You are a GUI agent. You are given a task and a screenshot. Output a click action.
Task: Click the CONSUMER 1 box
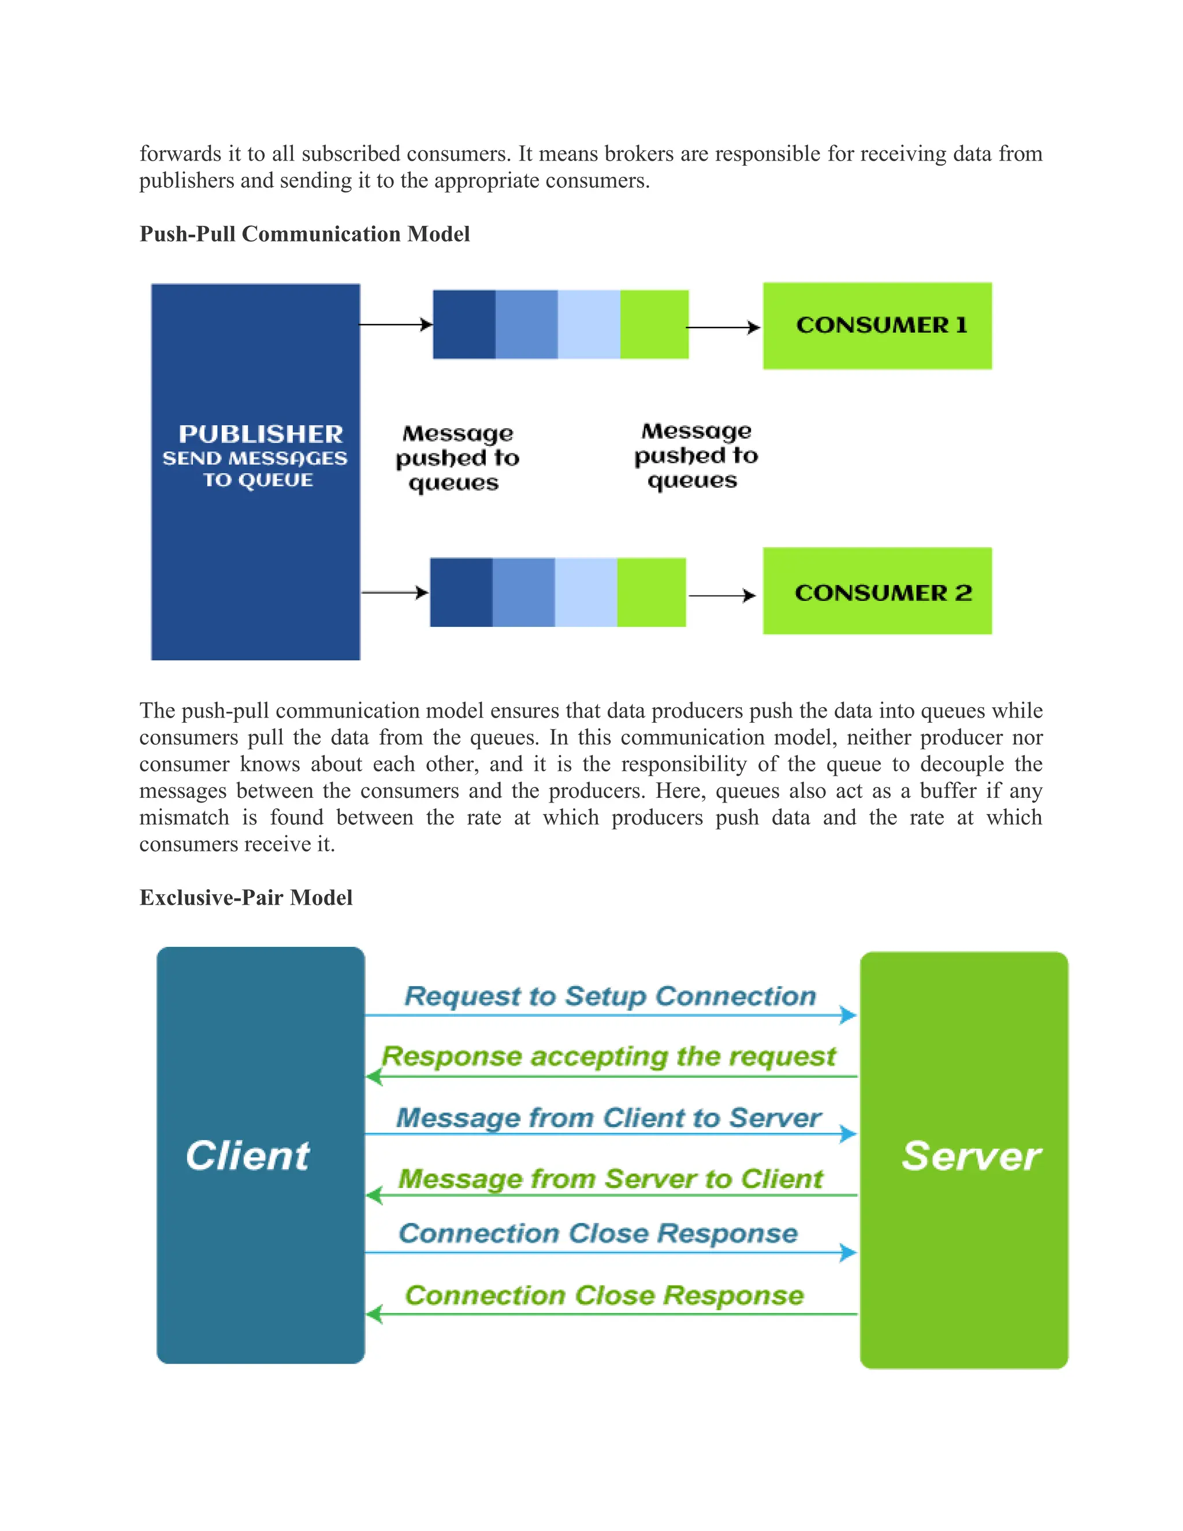tap(877, 326)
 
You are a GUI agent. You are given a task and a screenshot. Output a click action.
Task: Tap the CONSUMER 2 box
tap(877, 592)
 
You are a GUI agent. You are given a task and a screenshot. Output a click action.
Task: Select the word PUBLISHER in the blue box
tap(261, 434)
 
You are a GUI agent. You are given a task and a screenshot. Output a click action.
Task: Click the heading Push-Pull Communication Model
tap(304, 233)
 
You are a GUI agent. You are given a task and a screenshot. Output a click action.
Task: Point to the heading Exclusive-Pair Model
tap(245, 897)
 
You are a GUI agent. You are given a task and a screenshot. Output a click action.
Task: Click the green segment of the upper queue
tap(654, 325)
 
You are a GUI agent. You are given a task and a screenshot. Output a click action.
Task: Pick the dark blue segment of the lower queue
tap(460, 592)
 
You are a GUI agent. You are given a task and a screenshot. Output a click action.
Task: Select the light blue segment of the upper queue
tap(589, 325)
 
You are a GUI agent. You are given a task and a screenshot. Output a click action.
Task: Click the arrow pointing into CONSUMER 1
tap(723, 328)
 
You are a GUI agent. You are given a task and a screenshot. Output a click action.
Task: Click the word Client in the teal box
tap(247, 1155)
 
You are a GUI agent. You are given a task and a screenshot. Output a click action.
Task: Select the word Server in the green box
tap(970, 1156)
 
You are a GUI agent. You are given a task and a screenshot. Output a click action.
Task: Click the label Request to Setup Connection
tap(610, 996)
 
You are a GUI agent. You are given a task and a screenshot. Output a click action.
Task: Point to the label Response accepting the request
tap(608, 1057)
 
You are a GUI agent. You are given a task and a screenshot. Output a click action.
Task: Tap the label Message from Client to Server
tap(608, 1117)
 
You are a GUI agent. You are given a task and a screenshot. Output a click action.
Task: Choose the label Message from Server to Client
tap(610, 1179)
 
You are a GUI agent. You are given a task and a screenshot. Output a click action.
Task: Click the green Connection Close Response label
tap(604, 1295)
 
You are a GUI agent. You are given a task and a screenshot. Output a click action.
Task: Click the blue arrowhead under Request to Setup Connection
tap(849, 1015)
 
